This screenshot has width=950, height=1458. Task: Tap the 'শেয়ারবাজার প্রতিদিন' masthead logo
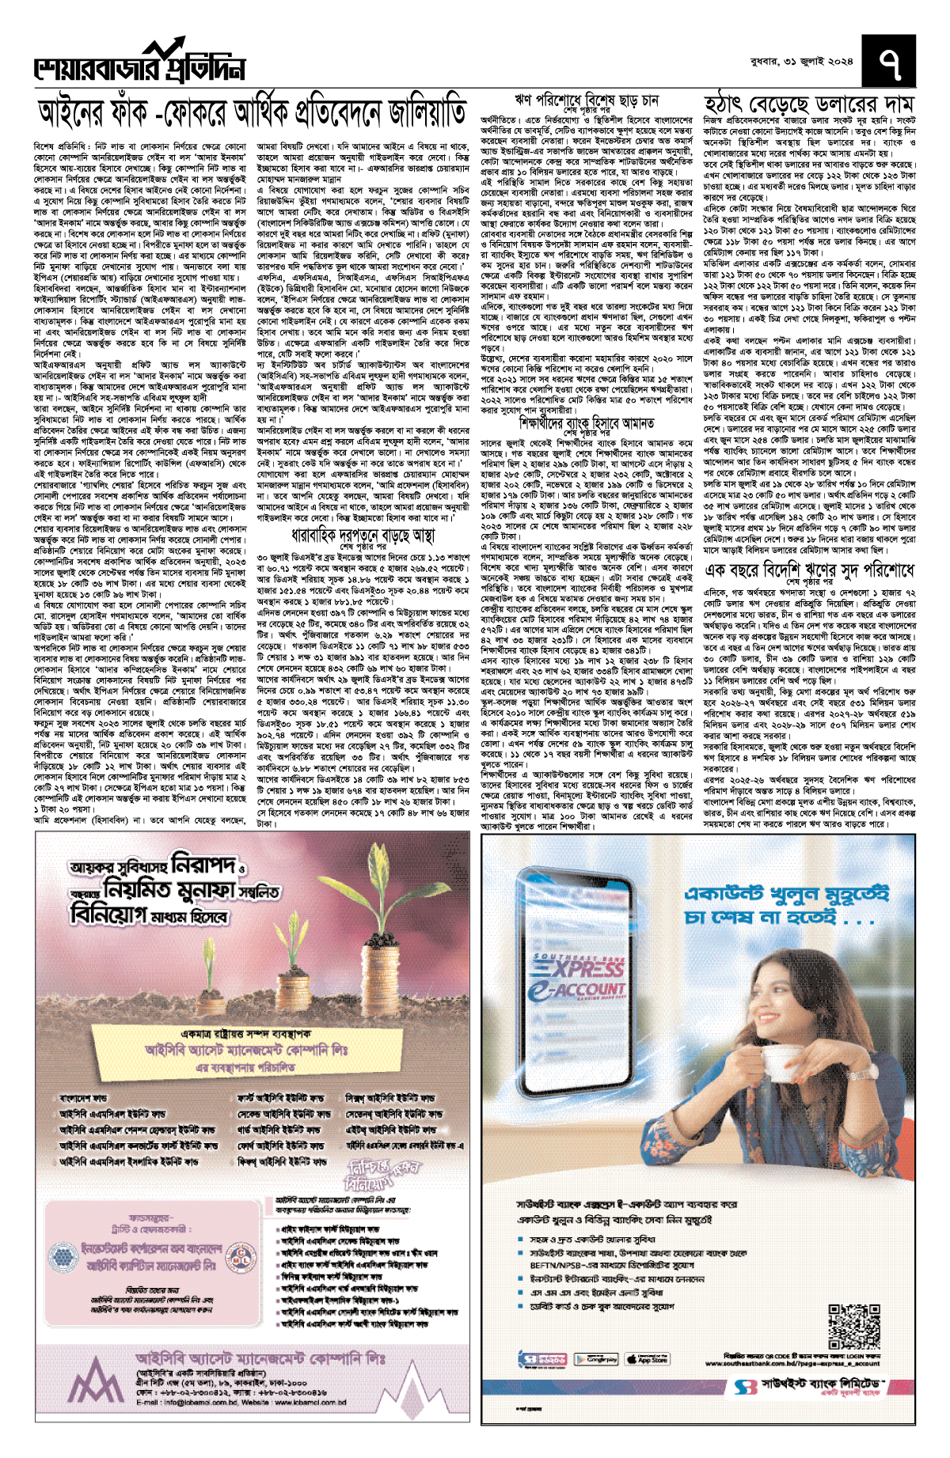click(139, 65)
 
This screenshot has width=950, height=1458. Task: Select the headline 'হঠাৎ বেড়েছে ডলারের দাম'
click(809, 105)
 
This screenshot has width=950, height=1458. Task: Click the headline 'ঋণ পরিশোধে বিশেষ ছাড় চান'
click(587, 101)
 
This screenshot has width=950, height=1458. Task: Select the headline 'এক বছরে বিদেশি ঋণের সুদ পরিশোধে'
click(809, 570)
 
